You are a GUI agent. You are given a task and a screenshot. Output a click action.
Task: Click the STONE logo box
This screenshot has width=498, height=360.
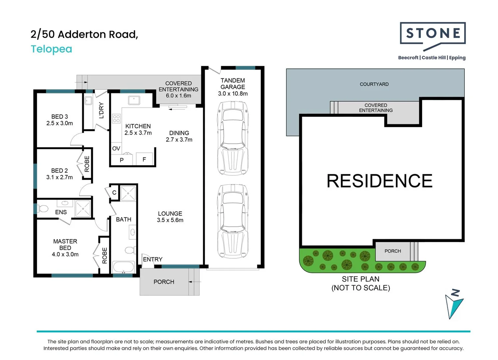[432, 33]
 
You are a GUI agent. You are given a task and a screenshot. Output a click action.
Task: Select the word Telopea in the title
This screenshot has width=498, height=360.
[51, 49]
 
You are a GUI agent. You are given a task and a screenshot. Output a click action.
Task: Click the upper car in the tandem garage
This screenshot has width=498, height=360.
[233, 138]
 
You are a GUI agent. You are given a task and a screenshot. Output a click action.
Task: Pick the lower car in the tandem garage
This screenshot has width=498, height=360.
[233, 221]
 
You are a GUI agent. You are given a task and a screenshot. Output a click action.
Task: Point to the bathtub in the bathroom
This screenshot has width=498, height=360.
[123, 267]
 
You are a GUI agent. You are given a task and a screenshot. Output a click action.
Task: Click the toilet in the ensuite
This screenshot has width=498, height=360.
[42, 209]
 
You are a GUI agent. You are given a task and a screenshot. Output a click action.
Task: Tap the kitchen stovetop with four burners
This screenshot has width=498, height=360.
[116, 118]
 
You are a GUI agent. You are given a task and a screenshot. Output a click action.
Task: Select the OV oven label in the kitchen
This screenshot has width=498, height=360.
[116, 148]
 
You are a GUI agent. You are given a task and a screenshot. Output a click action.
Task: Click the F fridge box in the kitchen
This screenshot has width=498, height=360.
[144, 159]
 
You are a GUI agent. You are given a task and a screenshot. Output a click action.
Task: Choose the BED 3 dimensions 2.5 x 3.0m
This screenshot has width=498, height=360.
[60, 123]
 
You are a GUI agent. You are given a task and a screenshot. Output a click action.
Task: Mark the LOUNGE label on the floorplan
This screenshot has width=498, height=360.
[170, 213]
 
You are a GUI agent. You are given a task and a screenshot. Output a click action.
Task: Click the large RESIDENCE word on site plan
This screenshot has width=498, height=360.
[379, 181]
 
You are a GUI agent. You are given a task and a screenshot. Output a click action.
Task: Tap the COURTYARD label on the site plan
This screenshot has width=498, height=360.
[374, 84]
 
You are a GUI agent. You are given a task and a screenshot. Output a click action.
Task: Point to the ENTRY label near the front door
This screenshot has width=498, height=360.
[153, 259]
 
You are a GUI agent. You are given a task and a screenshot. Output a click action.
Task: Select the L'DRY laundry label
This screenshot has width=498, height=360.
[102, 110]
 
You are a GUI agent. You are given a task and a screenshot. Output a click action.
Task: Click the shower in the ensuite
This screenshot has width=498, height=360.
[83, 209]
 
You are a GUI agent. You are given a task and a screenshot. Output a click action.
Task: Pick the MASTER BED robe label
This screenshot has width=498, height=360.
[105, 255]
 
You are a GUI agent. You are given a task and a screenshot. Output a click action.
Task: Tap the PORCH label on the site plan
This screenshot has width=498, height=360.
[393, 251]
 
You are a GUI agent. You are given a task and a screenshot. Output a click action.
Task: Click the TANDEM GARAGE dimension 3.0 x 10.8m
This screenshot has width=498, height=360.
[233, 94]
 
